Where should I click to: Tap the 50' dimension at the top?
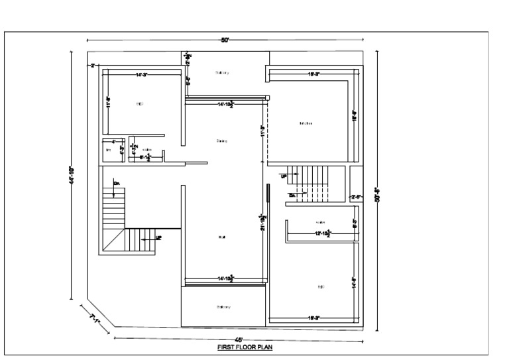[225, 40]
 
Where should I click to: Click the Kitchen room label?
[306, 123]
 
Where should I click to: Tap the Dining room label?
[221, 141]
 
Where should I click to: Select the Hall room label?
[221, 237]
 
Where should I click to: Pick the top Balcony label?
[222, 72]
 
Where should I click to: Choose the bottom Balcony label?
[223, 306]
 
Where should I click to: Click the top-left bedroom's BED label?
[140, 103]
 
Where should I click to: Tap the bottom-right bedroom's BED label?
[321, 286]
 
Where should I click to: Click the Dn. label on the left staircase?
[117, 184]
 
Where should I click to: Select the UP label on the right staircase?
[283, 176]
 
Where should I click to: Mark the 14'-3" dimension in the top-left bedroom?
[141, 76]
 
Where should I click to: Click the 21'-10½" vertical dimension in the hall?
[263, 222]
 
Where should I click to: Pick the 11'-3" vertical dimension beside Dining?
[263, 131]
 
